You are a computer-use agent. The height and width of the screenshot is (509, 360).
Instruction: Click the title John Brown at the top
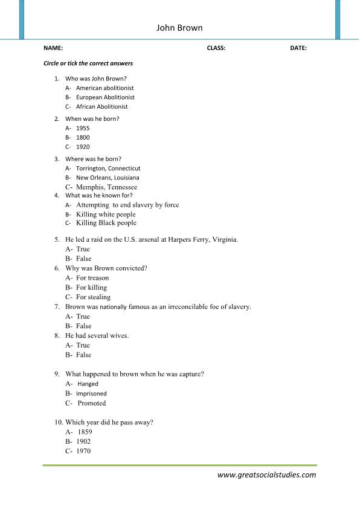(179, 28)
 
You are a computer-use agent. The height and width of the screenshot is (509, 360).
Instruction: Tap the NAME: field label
(53, 48)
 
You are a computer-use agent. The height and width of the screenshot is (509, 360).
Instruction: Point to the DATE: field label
(298, 48)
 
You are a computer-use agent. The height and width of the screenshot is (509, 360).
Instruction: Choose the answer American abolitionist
(104, 88)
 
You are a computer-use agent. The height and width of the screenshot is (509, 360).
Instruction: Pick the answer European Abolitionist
(105, 97)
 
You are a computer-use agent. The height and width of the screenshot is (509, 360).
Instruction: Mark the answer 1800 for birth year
(83, 137)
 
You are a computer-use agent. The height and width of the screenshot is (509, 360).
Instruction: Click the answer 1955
(83, 128)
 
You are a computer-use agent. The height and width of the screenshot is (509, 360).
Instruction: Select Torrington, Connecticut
(108, 168)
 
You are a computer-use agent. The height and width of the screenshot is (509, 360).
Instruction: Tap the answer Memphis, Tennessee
(106, 187)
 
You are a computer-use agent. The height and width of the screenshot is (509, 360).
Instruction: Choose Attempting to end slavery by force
(127, 205)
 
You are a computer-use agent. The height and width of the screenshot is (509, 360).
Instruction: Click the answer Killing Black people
(106, 223)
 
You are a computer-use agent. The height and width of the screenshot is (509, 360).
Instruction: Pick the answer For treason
(92, 278)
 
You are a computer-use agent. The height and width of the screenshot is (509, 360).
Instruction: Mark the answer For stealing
(93, 297)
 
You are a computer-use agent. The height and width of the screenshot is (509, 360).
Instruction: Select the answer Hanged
(88, 384)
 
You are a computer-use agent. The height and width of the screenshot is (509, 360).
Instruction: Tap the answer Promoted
(91, 403)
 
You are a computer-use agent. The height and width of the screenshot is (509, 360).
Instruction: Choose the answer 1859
(85, 432)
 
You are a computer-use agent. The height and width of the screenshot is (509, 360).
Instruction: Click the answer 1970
(83, 451)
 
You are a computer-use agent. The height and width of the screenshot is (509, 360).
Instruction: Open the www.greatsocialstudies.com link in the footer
(266, 475)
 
